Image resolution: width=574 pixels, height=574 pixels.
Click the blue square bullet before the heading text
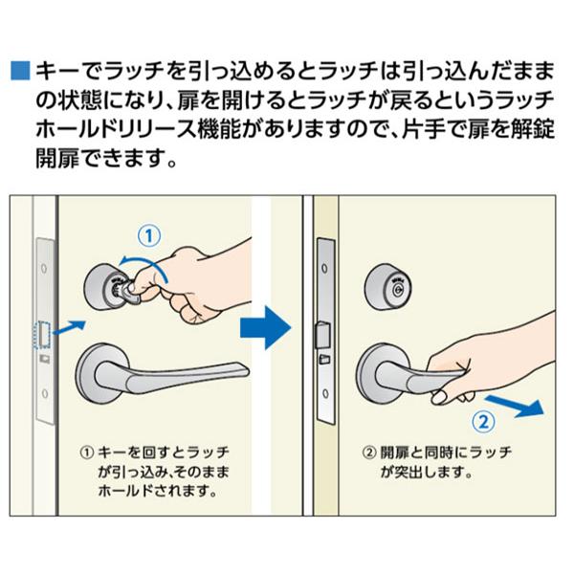point(20,70)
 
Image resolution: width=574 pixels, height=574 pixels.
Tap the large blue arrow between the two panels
point(265,328)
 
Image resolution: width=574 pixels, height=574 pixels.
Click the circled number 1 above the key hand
point(149,236)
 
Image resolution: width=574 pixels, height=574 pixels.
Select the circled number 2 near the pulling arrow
point(483,422)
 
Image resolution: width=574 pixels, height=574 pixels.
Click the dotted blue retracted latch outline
point(41,335)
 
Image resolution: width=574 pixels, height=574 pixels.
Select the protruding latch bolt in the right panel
point(323,334)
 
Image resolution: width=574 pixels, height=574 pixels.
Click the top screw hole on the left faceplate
point(44,268)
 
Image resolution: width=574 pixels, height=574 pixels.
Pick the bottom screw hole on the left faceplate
point(45,393)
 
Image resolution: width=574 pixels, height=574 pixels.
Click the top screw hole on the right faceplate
point(324,269)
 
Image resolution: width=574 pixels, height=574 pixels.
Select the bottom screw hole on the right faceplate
point(325,394)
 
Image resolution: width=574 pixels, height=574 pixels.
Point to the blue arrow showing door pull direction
point(515,405)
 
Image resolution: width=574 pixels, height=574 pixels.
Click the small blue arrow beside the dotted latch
point(70,327)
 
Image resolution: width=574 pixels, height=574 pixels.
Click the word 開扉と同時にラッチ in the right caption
point(446,453)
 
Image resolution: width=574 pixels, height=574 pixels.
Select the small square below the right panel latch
point(324,359)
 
